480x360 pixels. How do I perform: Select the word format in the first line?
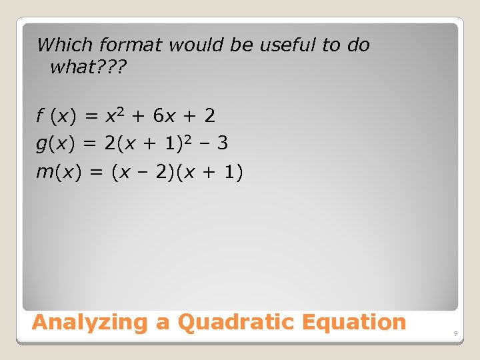131,45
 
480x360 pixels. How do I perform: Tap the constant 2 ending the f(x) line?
210,117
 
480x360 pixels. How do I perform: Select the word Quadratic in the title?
236,323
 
